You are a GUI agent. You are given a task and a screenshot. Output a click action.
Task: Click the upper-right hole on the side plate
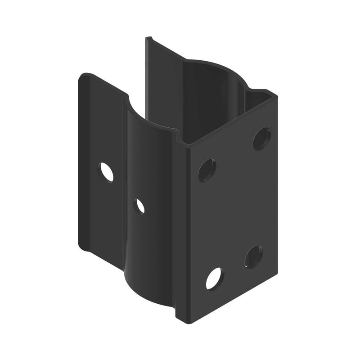[x=261, y=139]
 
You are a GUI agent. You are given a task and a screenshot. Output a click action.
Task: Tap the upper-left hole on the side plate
[x=207, y=170]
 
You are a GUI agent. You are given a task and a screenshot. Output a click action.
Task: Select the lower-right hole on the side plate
[x=254, y=257]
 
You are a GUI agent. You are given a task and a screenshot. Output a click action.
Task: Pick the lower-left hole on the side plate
[x=214, y=279]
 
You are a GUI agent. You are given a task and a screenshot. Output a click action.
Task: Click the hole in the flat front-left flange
[x=107, y=172]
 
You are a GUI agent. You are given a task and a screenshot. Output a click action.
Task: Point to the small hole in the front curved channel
[x=139, y=206]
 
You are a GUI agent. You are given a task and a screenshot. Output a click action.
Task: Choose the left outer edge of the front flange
[x=79, y=162]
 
